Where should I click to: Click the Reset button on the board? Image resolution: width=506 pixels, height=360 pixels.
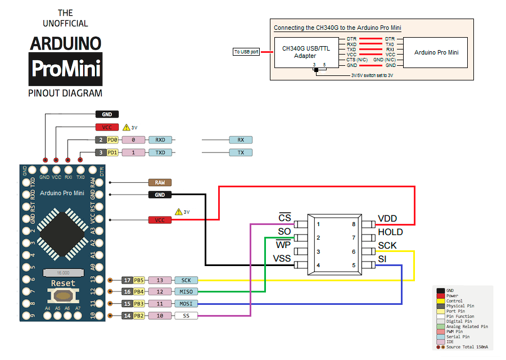63,295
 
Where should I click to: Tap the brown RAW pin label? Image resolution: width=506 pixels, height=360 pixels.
160,183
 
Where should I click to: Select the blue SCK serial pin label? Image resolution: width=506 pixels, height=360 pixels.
186,280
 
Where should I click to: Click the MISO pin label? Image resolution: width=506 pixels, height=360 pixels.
186,292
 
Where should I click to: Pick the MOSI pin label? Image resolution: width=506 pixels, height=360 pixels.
186,304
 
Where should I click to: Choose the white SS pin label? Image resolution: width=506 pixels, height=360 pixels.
186,316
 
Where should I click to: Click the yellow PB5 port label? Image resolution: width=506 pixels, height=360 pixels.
139,280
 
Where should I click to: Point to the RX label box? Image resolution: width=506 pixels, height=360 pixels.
241,140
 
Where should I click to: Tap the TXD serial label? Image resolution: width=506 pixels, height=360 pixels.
160,152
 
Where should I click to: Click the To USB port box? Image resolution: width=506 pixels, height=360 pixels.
246,52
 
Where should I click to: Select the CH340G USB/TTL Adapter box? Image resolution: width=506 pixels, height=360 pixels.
306,52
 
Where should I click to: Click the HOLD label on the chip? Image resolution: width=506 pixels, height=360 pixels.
390,232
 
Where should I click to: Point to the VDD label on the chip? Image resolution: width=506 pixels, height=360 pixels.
388,219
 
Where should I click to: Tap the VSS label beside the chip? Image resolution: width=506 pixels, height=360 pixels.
282,258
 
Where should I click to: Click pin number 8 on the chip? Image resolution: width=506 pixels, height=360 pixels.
354,224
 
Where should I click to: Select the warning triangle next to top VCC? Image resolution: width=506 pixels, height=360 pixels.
126,128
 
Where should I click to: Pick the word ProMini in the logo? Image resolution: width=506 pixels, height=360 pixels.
66,69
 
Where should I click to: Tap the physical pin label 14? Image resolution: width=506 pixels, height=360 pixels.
127,316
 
